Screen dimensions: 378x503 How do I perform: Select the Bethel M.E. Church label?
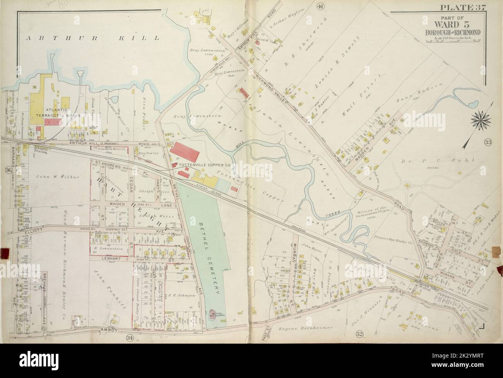tap(212, 316)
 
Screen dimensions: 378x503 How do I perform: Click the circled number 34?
tap(130, 338)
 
